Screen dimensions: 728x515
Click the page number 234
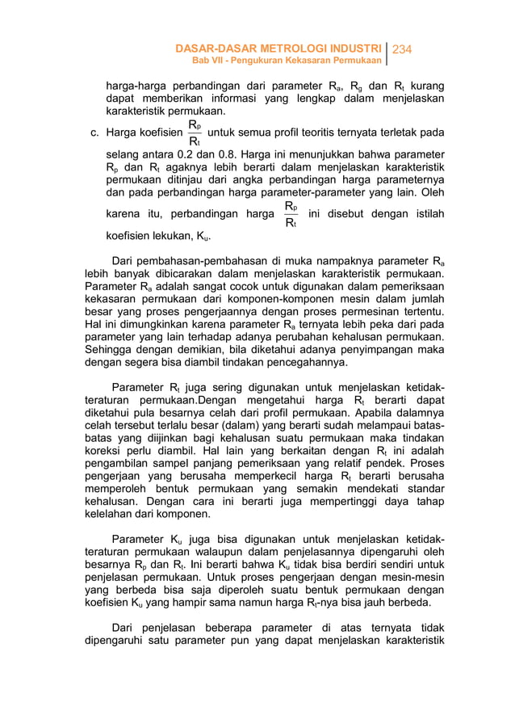click(x=401, y=49)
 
